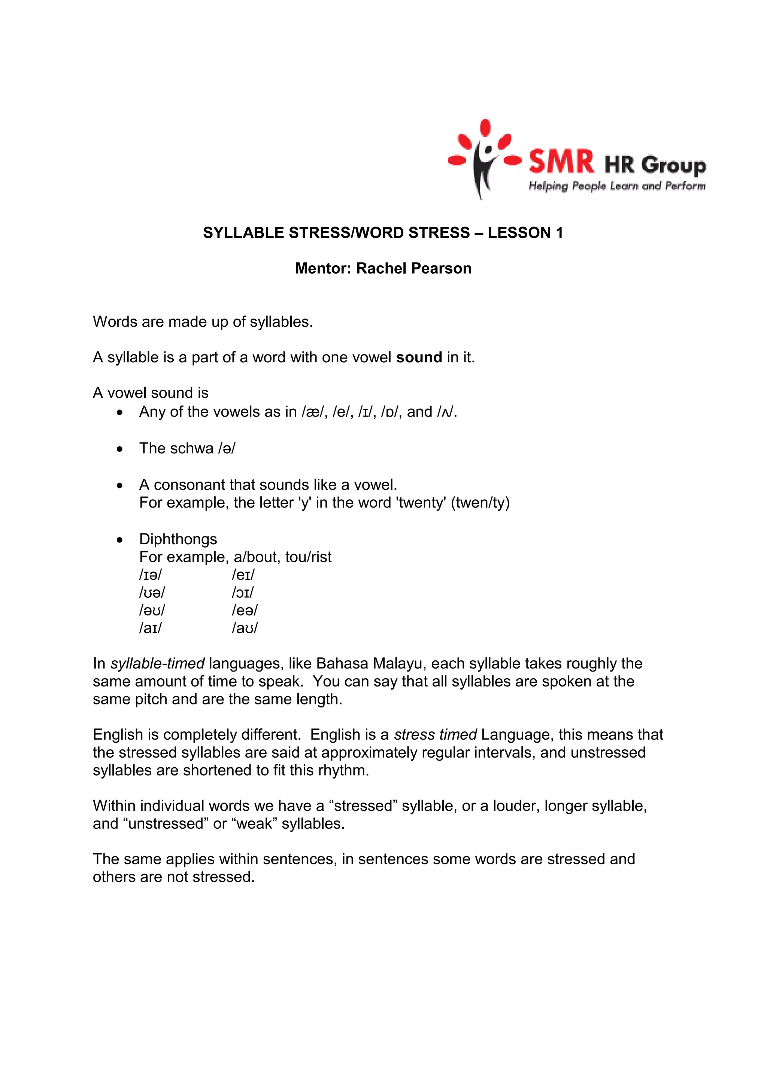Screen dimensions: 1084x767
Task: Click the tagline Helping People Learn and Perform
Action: [617, 186]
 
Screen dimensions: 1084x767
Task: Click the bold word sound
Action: [419, 357]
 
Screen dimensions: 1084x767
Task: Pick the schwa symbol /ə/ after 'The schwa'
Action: [227, 448]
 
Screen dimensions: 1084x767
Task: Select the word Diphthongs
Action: [178, 539]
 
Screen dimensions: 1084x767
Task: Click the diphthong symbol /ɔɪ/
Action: [243, 593]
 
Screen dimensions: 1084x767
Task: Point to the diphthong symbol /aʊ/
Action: [245, 628]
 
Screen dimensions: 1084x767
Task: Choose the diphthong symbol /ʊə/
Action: [152, 593]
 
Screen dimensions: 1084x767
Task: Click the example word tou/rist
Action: [308, 557]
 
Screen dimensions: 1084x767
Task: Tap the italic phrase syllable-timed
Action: [157, 664]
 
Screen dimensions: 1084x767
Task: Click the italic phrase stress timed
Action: [436, 735]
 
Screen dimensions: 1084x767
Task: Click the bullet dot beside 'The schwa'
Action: [120, 449]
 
